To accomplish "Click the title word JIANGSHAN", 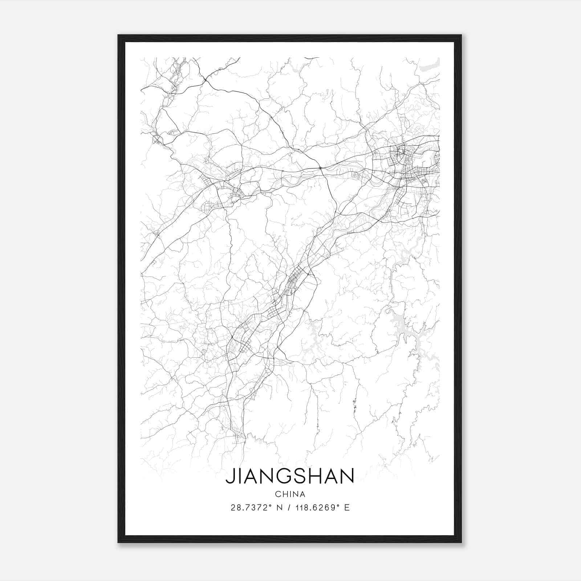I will [x=290, y=476].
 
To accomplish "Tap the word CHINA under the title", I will [x=290, y=494].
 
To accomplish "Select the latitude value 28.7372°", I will [x=251, y=508].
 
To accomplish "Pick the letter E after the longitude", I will [x=347, y=508].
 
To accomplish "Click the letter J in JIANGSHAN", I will [x=229, y=476].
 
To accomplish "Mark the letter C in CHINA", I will [x=278, y=494].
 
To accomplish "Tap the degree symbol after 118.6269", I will [x=338, y=505].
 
